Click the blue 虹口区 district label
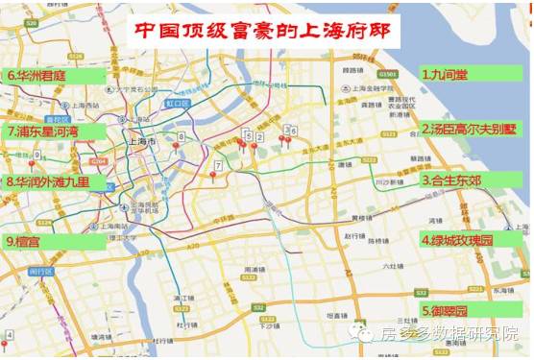pyautogui.click(x=178, y=101)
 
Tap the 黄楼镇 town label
pyautogui.click(x=362, y=218)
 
